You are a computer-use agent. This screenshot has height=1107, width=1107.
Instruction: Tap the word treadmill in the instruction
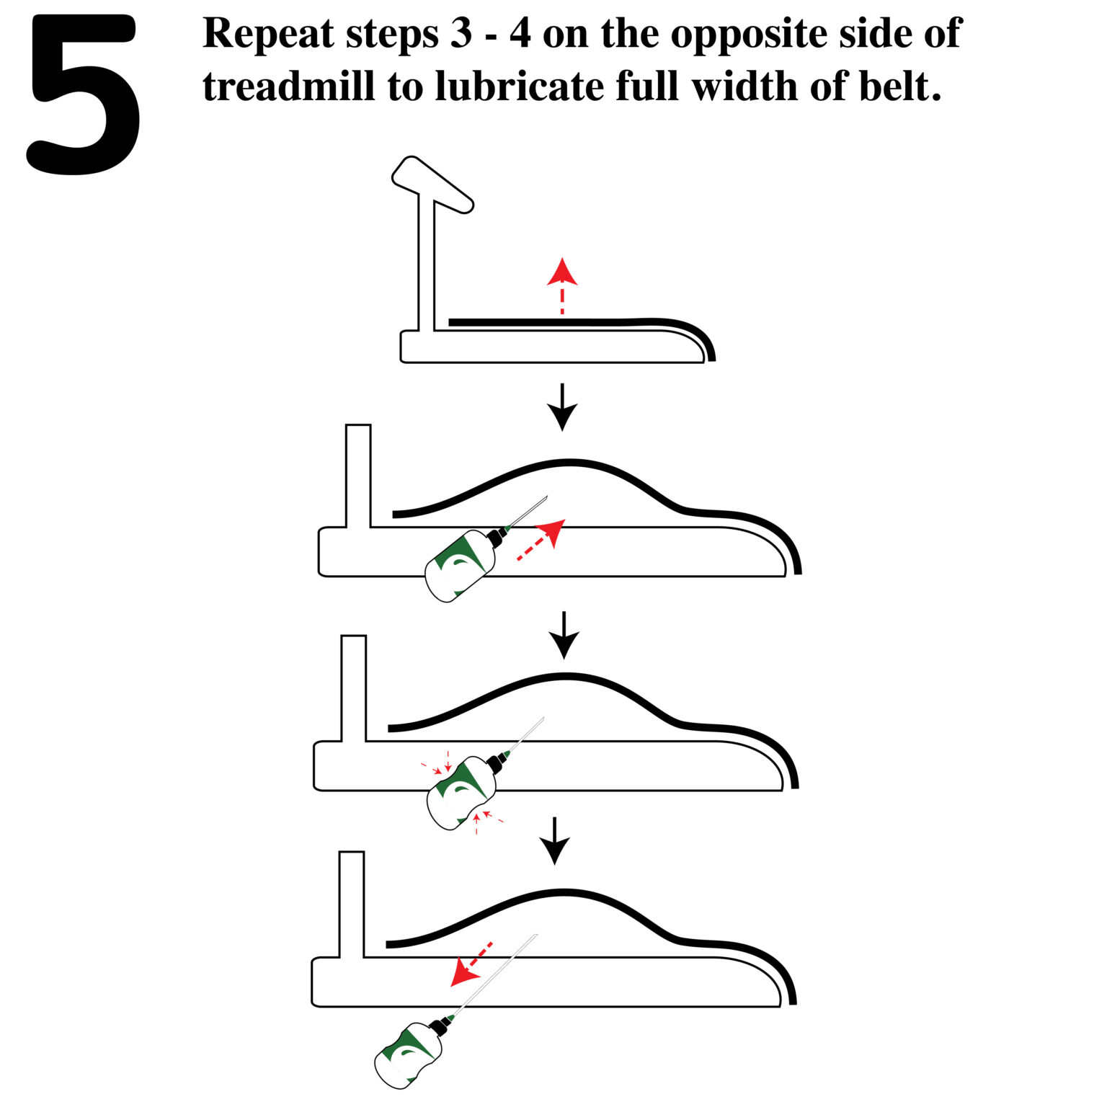coord(288,87)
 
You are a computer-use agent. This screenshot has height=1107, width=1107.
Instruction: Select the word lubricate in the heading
coord(520,87)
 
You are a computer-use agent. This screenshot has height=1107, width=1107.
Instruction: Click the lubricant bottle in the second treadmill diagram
coord(460,566)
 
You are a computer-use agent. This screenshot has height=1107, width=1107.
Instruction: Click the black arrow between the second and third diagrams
coord(564,635)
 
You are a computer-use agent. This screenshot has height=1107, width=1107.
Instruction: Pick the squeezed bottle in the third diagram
coord(461,793)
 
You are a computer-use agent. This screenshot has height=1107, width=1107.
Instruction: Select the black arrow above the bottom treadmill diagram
coord(555,840)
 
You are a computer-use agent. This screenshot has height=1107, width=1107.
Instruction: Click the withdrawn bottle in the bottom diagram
coord(407,1056)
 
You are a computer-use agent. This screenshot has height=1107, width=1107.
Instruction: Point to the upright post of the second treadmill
coord(358,476)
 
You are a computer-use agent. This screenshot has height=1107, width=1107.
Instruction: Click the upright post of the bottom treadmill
coord(351,904)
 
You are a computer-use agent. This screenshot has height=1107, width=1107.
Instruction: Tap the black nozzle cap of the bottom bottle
coord(438,1025)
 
